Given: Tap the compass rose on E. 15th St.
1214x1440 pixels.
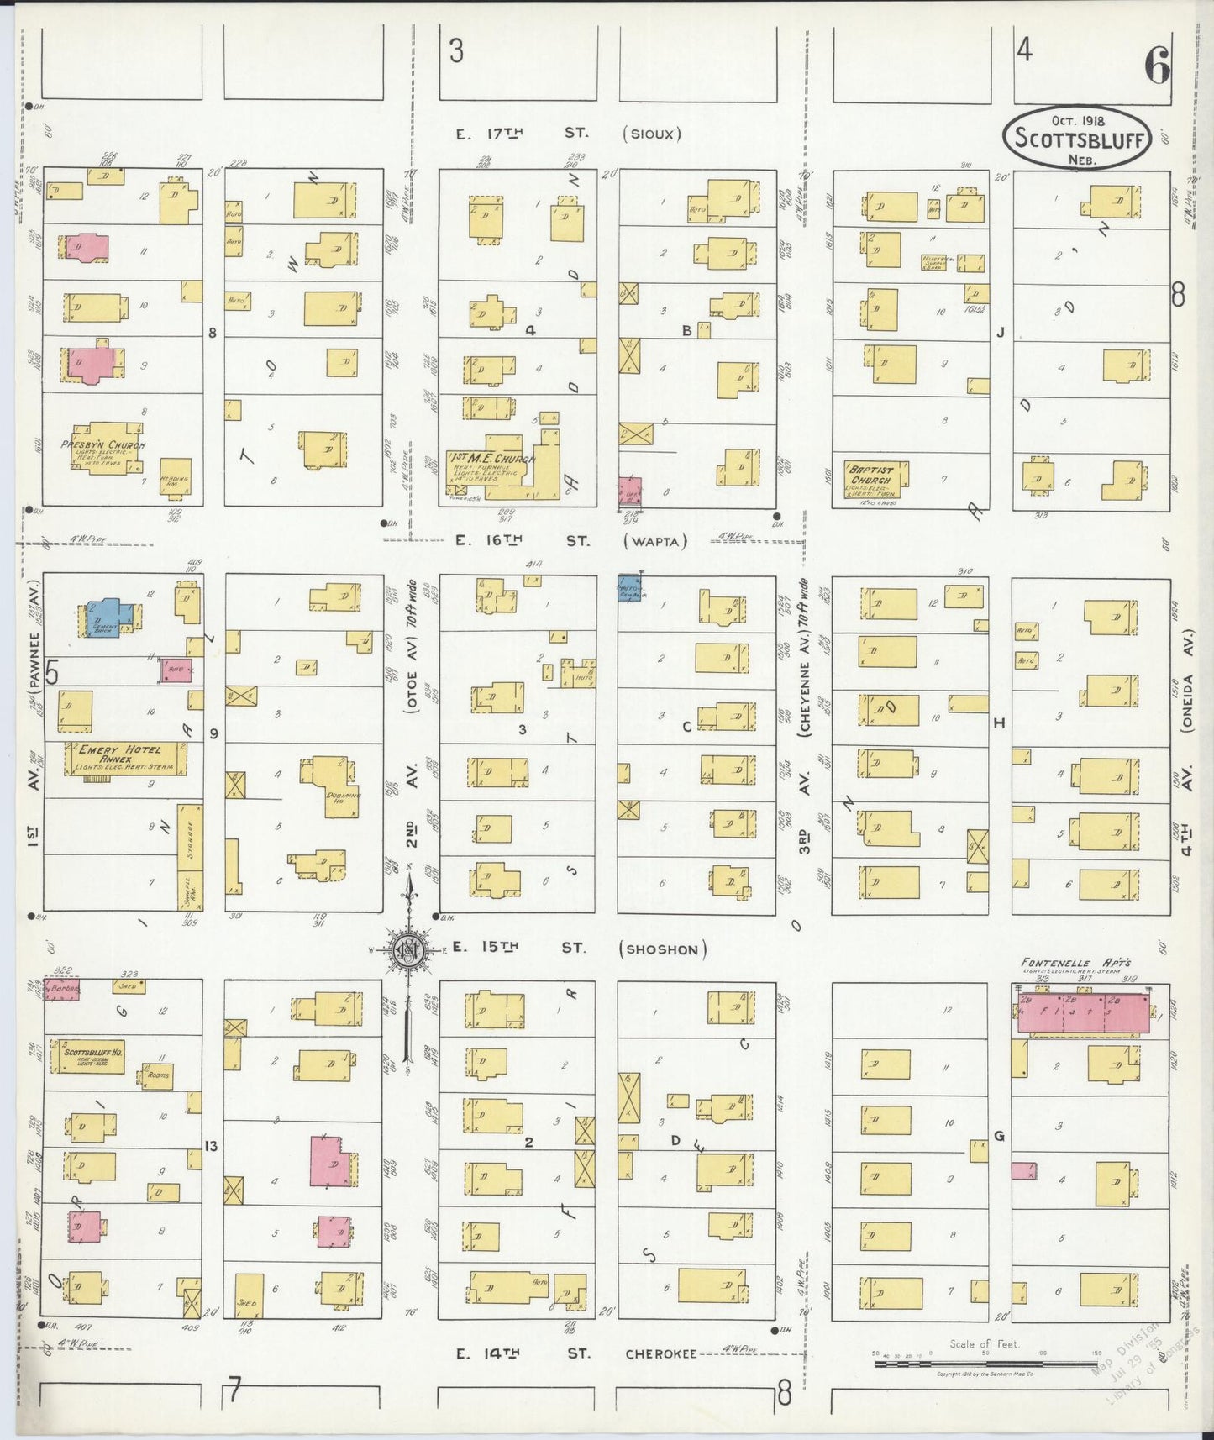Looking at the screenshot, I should pos(408,950).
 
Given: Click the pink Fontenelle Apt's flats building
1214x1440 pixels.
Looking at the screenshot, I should pos(1084,1012).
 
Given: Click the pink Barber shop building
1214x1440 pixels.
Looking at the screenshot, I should pos(61,988).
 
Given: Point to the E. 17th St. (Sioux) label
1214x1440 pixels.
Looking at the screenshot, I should pos(568,134).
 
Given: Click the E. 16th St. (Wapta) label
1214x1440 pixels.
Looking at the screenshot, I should pos(571,542).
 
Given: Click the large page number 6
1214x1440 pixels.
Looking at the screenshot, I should pos(1156,66).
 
